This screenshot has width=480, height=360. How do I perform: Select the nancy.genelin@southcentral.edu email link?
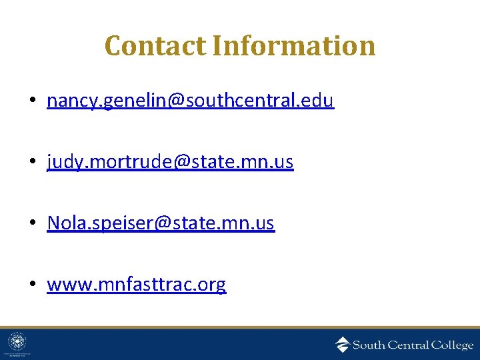[190, 101]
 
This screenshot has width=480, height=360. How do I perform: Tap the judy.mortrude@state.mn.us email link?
[170, 162]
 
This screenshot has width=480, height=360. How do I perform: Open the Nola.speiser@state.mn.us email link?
[161, 223]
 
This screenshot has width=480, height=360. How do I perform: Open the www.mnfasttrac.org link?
[137, 285]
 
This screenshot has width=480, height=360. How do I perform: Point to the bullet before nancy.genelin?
[32, 101]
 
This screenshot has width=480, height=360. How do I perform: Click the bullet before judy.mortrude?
[32, 163]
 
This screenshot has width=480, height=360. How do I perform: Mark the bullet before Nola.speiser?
[32, 224]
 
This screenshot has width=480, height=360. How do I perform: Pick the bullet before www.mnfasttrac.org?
[32, 285]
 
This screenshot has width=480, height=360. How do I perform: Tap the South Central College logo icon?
[342, 344]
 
